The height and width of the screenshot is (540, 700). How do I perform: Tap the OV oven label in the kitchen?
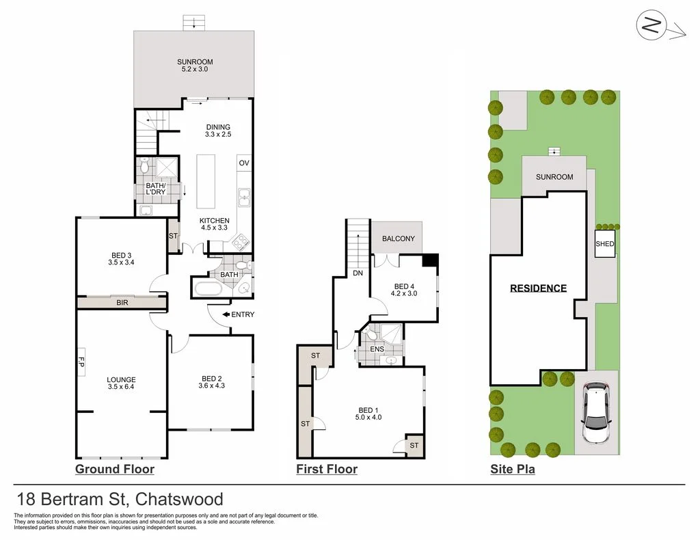coord(243,163)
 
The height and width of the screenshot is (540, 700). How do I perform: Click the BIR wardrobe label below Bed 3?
coord(123,301)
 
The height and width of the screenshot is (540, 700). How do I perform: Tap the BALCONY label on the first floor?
coord(398,239)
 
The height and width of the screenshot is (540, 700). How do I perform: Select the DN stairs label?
coord(358,273)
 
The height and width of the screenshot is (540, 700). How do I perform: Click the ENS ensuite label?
coord(377,349)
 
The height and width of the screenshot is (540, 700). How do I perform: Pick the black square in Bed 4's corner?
coord(430,260)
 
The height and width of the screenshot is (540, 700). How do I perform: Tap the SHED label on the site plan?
coord(604,244)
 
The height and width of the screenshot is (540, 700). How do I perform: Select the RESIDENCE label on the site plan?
coord(538,288)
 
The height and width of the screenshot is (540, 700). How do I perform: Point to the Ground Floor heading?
coord(114,469)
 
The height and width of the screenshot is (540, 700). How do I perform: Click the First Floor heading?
coord(326,469)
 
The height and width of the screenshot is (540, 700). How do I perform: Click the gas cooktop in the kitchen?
coord(241,241)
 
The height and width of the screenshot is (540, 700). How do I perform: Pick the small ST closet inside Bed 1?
coord(414,445)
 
